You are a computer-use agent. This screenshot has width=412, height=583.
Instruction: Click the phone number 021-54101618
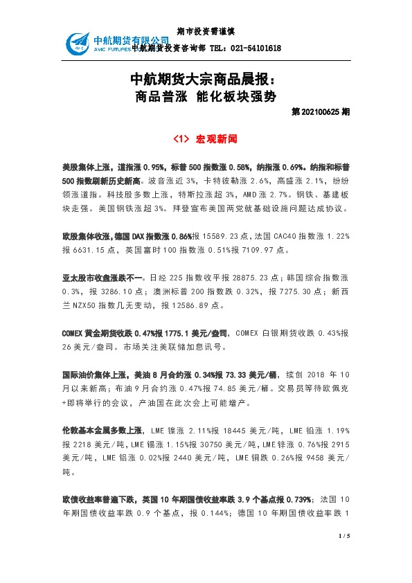pos(256,48)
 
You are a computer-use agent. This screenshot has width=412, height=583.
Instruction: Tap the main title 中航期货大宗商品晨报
pos(206,78)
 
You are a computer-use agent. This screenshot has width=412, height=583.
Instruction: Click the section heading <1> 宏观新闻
pos(206,139)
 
